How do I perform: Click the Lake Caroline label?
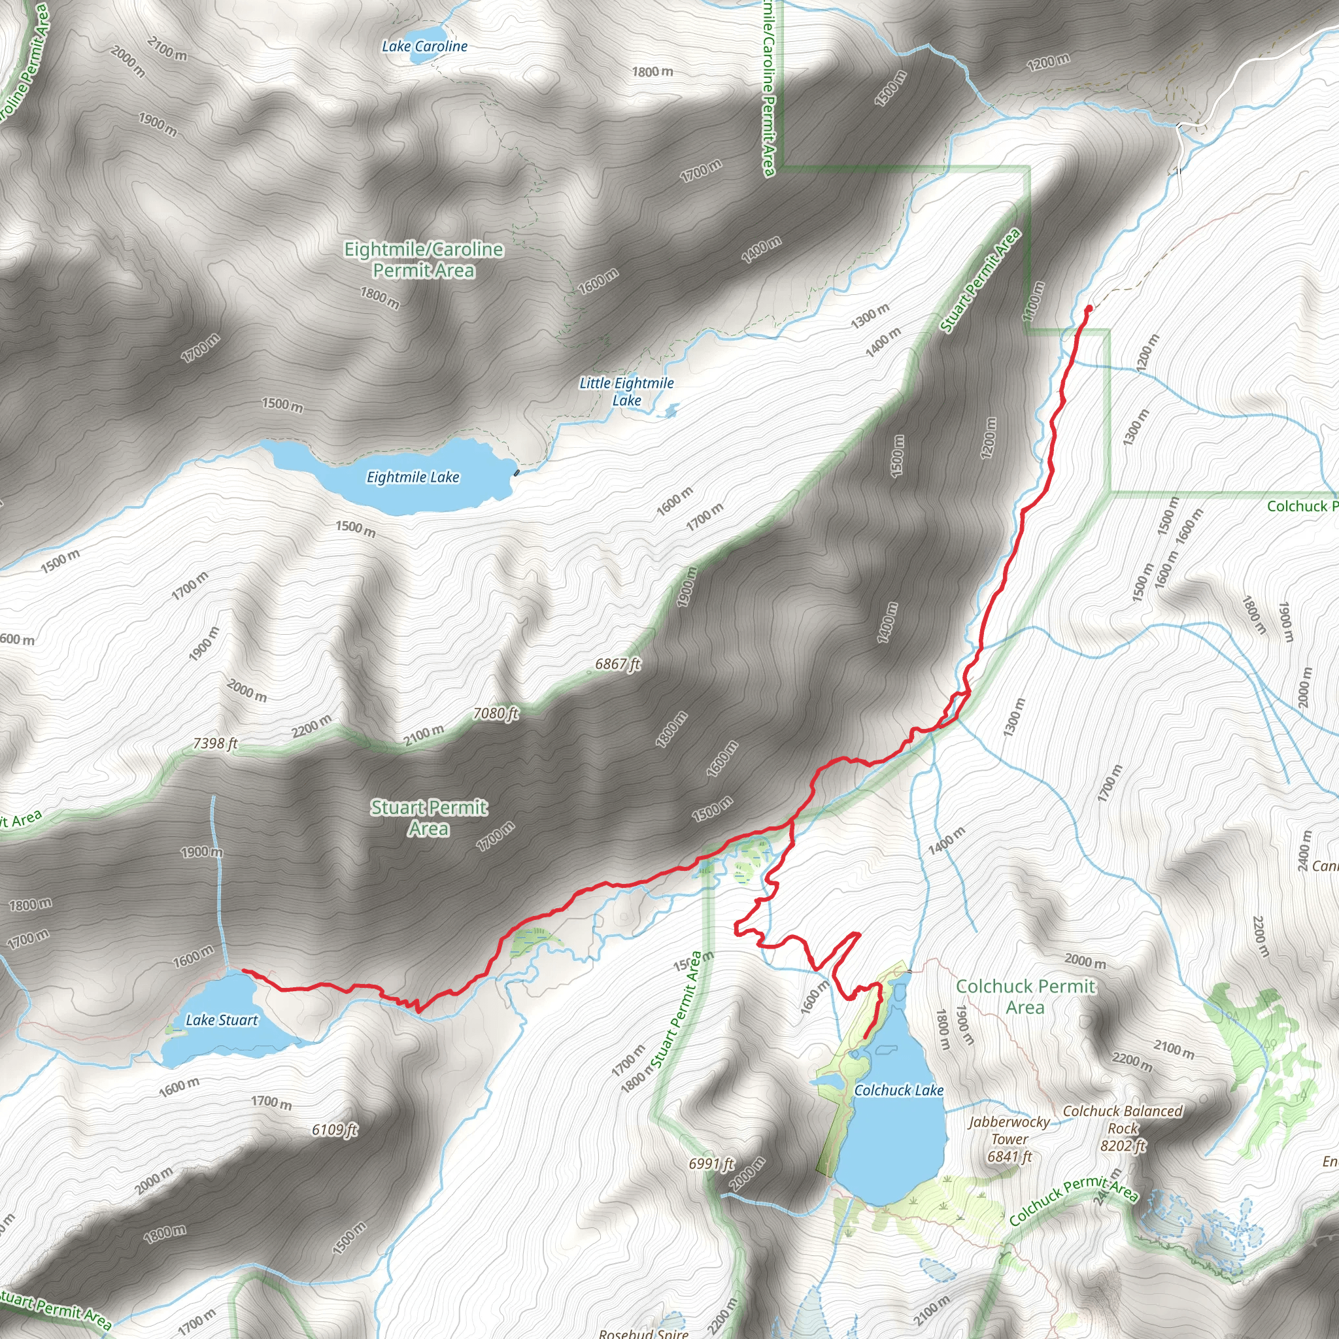point(424,46)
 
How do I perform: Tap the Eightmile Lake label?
point(413,477)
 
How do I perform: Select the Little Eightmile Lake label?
point(626,391)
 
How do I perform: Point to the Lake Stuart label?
point(221,1019)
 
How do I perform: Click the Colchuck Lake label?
point(898,1090)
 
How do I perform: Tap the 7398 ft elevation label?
point(215,743)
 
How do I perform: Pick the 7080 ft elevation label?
point(496,713)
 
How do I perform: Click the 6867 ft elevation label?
point(617,664)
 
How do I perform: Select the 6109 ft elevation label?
point(334,1130)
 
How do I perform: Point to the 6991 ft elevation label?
point(711,1164)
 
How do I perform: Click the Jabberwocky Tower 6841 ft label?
point(1009,1139)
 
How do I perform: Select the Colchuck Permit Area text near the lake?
point(1025,996)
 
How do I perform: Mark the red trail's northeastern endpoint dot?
point(1089,308)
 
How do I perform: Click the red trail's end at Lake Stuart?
point(243,971)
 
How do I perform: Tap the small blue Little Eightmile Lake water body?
point(669,412)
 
